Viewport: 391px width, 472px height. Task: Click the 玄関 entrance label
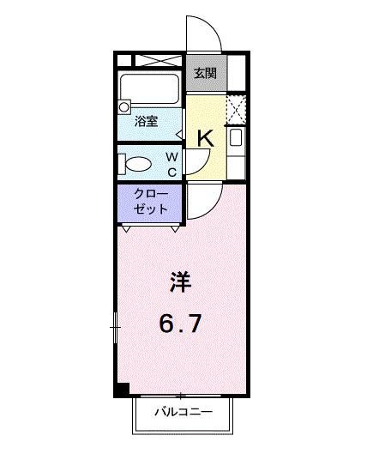pos(204,73)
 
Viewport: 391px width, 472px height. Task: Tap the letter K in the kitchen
pos(206,137)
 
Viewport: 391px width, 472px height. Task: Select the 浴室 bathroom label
pos(147,122)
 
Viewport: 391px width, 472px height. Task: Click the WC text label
pos(171,164)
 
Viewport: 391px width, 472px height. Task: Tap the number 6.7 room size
pos(180,324)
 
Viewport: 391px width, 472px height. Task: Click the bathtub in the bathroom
pos(150,88)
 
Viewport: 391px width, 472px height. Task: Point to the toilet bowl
pos(137,162)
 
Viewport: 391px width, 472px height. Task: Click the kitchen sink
pos(236,138)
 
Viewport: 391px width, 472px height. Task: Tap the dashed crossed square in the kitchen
pos(236,109)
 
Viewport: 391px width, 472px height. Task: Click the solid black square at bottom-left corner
pos(122,390)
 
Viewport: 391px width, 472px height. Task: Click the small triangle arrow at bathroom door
pos(179,133)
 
